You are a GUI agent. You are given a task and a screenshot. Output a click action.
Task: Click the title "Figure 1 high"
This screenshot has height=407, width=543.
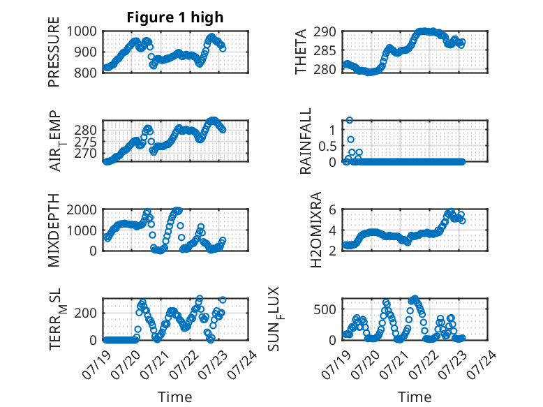[175, 17]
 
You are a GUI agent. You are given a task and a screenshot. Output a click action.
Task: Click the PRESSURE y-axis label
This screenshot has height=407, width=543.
[54, 52]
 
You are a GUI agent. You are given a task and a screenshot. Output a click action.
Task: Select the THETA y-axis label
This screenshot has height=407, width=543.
[301, 52]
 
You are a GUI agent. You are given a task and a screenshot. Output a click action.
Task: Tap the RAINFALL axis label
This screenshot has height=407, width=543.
[306, 141]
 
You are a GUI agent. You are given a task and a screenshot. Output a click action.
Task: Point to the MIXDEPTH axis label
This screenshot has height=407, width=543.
[54, 230]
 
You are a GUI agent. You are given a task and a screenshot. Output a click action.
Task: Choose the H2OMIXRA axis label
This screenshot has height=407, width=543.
[316, 230]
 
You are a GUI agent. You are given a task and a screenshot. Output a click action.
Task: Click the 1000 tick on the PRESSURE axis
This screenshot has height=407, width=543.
[82, 31]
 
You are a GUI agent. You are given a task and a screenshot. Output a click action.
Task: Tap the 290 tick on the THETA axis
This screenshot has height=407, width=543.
[325, 32]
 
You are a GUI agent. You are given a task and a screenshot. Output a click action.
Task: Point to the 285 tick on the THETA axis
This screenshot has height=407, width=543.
[325, 51]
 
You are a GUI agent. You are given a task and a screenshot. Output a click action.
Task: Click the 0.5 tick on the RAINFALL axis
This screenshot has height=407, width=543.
[327, 146]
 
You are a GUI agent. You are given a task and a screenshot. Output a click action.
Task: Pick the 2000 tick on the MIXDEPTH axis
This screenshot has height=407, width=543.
[82, 210]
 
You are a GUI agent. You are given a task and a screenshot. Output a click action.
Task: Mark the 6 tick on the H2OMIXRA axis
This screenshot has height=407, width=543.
[332, 210]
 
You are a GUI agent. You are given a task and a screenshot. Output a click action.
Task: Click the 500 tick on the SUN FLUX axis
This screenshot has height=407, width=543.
[325, 309]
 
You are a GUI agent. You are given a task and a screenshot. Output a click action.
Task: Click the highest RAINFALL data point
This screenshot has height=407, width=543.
[350, 120]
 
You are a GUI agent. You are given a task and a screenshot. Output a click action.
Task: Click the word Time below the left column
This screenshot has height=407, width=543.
[175, 397]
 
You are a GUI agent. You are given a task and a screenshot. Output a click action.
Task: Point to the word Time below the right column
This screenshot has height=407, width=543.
[415, 397]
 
